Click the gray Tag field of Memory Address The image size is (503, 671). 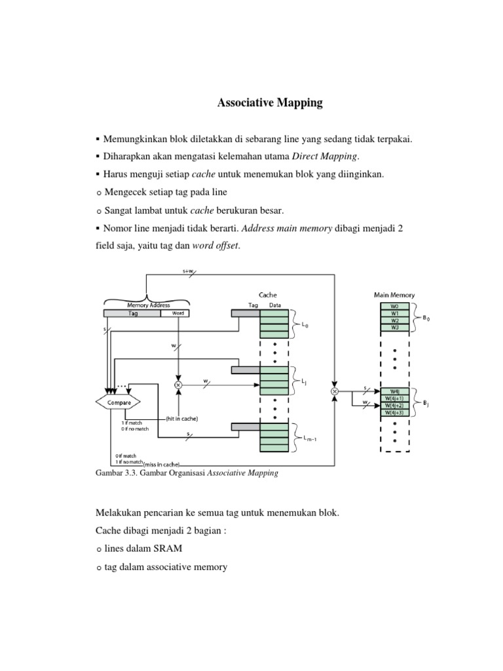point(132,313)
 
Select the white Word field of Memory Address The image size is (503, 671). point(175,313)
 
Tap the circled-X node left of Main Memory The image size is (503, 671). point(335,391)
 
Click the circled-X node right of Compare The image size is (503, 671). point(177,384)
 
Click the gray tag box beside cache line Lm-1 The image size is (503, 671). point(246,427)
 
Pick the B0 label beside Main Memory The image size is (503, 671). point(427,318)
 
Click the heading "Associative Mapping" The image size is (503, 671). point(270,104)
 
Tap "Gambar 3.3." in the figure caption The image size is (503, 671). point(115,473)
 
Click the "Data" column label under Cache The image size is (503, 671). point(275,305)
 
